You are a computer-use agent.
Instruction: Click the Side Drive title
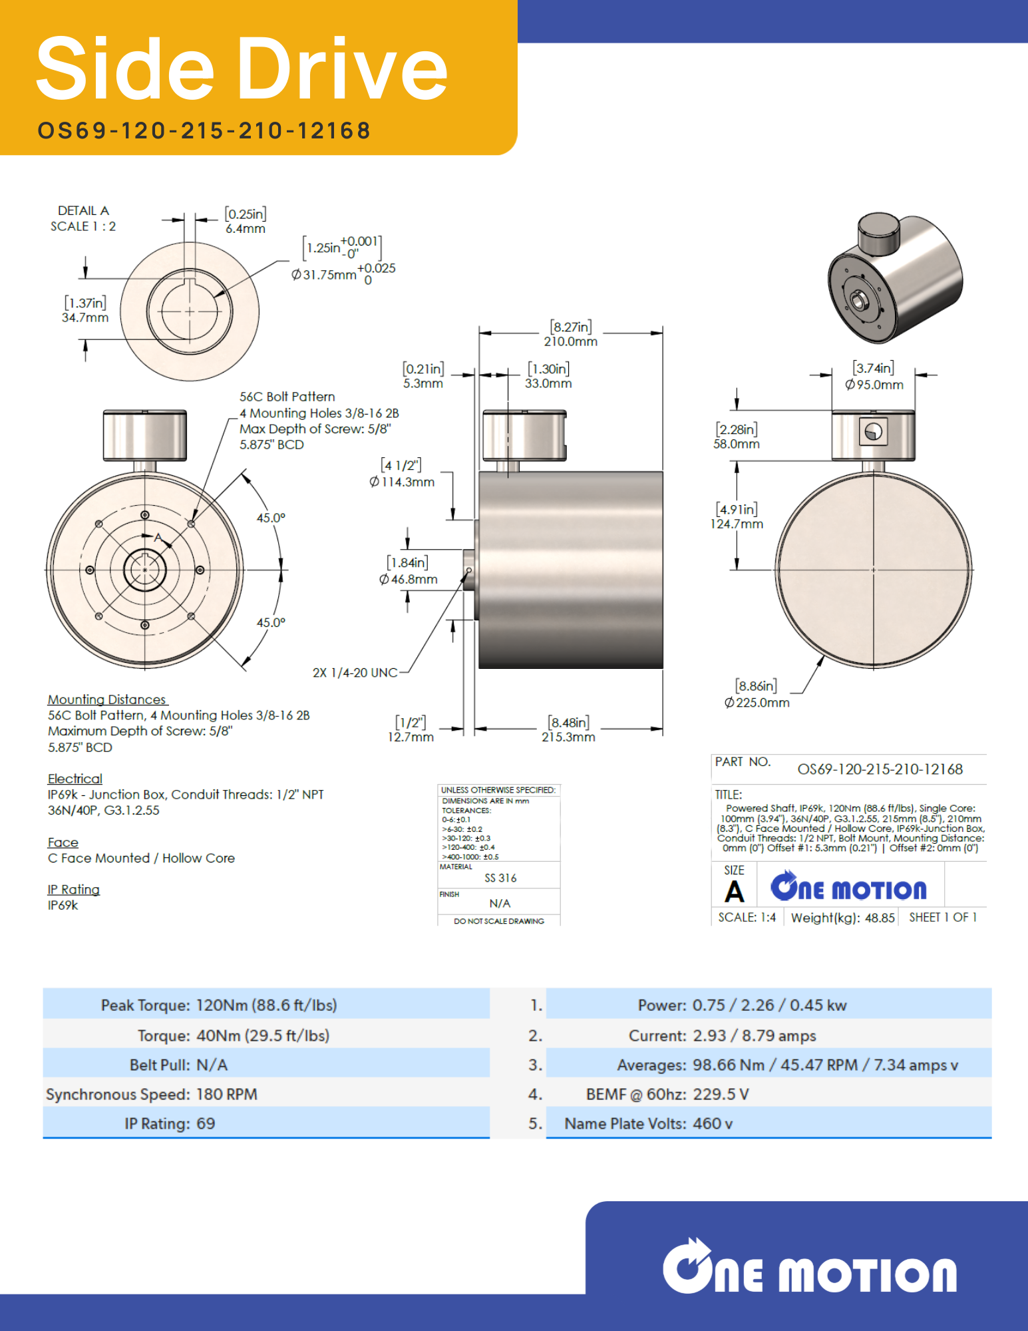click(x=242, y=69)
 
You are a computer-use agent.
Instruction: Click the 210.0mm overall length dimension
click(x=570, y=341)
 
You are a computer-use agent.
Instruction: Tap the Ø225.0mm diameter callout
click(x=757, y=702)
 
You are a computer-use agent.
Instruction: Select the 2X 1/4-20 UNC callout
click(x=355, y=673)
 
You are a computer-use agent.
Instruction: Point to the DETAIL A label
click(x=83, y=210)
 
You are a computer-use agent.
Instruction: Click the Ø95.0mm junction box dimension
click(x=874, y=384)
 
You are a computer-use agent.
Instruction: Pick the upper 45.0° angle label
click(x=271, y=518)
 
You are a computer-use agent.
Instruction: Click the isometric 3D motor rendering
click(x=895, y=278)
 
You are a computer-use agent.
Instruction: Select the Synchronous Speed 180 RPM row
click(x=152, y=1094)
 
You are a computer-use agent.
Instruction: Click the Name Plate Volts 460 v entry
click(x=648, y=1123)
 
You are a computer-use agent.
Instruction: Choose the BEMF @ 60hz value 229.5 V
click(x=721, y=1094)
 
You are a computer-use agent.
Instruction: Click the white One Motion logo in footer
click(x=809, y=1268)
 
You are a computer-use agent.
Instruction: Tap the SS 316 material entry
click(x=500, y=878)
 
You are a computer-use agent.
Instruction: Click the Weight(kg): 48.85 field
click(x=842, y=918)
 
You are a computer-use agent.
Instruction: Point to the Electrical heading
click(x=75, y=779)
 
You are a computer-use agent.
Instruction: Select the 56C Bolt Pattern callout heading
click(x=287, y=397)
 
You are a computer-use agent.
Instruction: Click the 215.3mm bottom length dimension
click(x=568, y=737)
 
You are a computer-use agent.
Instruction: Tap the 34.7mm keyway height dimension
click(x=85, y=317)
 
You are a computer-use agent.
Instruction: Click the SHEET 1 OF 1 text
click(x=943, y=917)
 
